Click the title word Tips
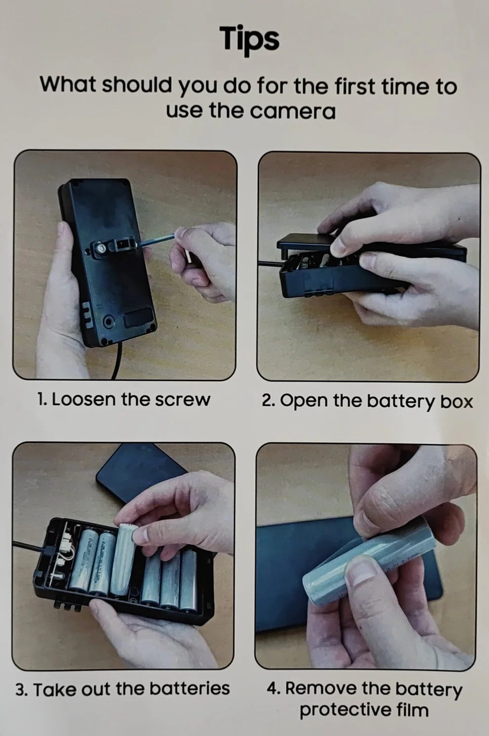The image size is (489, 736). pos(249,39)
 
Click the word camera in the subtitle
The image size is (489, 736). pos(293,112)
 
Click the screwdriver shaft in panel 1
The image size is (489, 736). pos(159,238)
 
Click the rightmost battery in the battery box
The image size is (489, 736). pos(189,581)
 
